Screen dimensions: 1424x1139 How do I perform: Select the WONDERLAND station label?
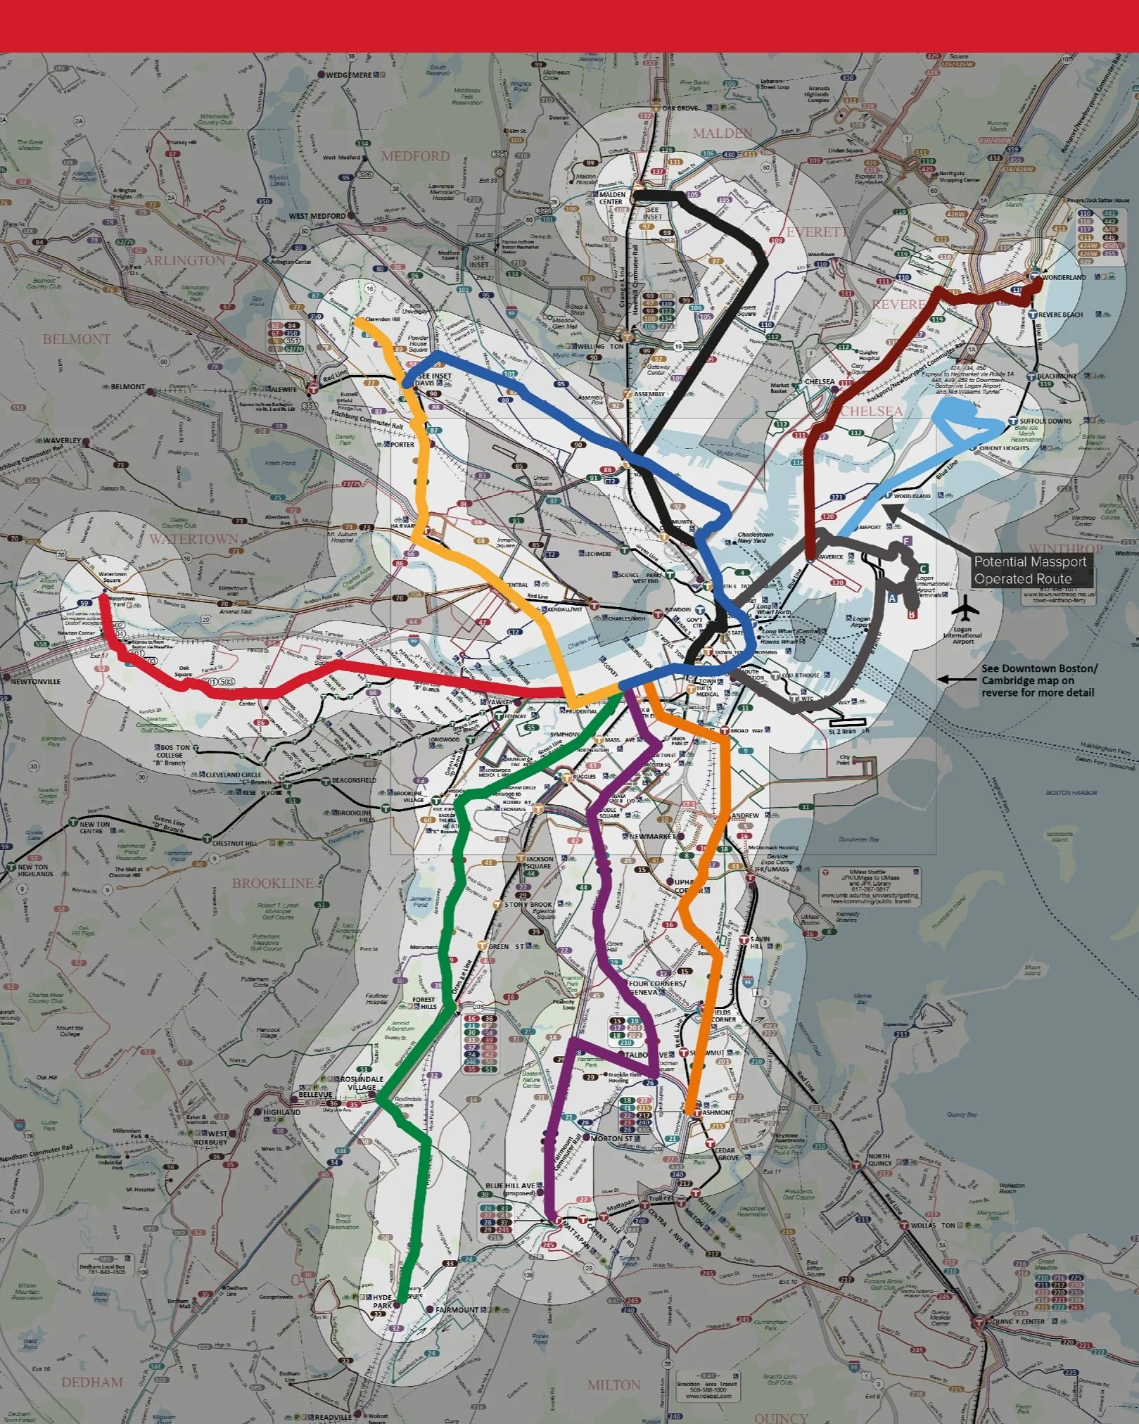pyautogui.click(x=1064, y=277)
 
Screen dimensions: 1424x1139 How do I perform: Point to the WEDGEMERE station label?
pyautogui.click(x=348, y=75)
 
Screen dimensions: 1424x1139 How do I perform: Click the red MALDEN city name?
pyautogui.click(x=723, y=133)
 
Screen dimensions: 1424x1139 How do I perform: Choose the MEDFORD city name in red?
pyautogui.click(x=415, y=155)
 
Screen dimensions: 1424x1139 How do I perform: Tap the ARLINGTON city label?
pyautogui.click(x=184, y=260)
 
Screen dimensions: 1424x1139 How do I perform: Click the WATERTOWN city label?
pyautogui.click(x=193, y=539)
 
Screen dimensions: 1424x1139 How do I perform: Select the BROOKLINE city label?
pyautogui.click(x=272, y=883)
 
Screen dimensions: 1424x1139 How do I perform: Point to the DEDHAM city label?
pyautogui.click(x=92, y=1382)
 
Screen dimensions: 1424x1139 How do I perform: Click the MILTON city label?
pyautogui.click(x=614, y=1385)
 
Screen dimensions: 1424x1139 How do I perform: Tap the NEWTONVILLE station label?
pyautogui.click(x=35, y=681)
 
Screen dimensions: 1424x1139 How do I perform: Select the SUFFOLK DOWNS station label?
pyautogui.click(x=1045, y=421)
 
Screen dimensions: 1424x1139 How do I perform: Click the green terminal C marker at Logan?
pyautogui.click(x=923, y=568)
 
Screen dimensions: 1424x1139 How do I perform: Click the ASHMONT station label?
pyautogui.click(x=718, y=1112)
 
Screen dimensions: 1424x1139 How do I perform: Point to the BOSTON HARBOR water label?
pyautogui.click(x=1071, y=792)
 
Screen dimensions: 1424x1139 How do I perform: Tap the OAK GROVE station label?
pyautogui.click(x=680, y=108)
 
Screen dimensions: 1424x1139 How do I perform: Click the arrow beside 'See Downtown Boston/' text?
pyautogui.click(x=948, y=680)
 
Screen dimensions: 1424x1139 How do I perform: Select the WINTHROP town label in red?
pyautogui.click(x=1066, y=548)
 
